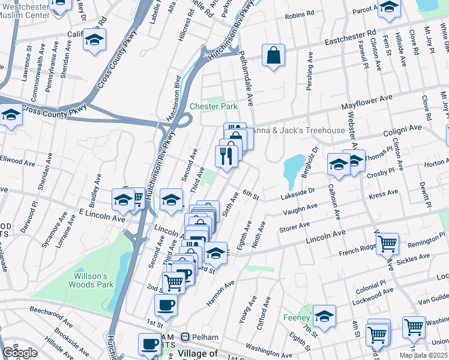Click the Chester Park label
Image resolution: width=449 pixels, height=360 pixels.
coord(214,107)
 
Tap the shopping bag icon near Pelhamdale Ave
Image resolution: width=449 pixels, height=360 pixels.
coord(273,56)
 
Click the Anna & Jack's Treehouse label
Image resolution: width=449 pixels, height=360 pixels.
coord(298,130)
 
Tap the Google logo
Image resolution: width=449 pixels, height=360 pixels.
coord(20,353)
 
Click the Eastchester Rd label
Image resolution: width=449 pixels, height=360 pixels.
coord(351,40)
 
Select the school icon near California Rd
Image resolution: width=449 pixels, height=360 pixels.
coord(95,40)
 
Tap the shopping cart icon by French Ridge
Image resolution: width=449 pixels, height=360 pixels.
coord(388,244)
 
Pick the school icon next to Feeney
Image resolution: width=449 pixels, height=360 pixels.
coord(324,316)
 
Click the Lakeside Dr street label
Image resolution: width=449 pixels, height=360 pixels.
coord(297,193)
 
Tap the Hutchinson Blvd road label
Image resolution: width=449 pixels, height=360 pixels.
coord(178,99)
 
